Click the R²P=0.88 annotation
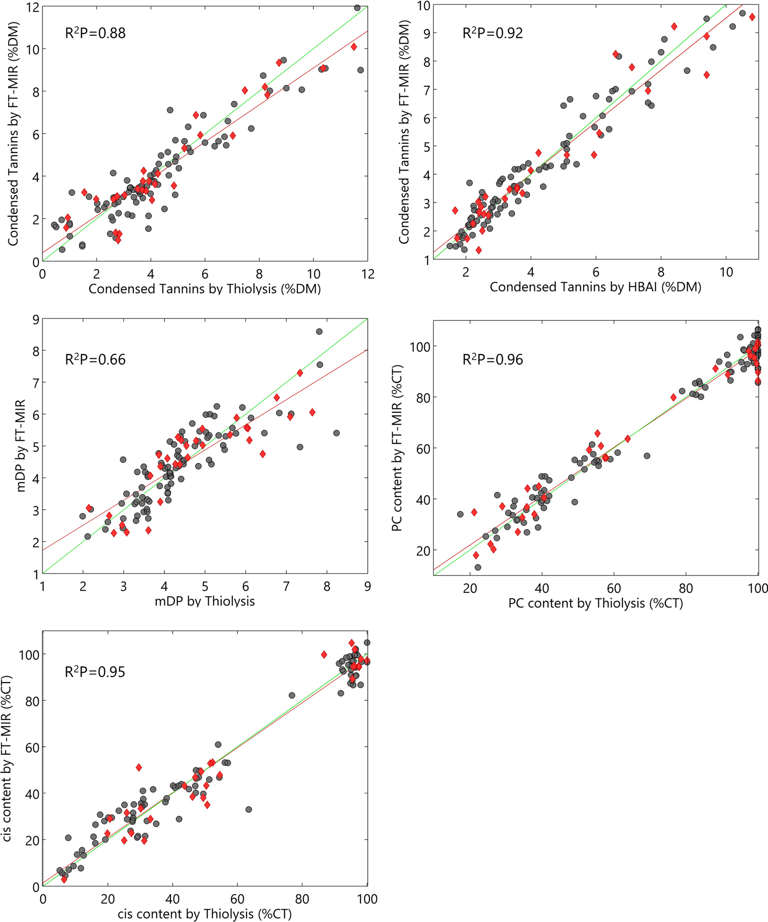tap(95, 33)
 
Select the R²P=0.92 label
tap(493, 33)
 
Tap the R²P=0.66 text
tap(95, 360)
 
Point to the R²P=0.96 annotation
tap(493, 360)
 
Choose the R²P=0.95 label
tap(95, 672)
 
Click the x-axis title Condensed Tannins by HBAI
tap(595, 287)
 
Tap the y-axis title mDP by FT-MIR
tap(20, 445)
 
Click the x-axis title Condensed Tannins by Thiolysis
tap(205, 289)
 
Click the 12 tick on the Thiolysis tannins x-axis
tap(368, 274)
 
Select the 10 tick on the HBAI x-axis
tap(726, 272)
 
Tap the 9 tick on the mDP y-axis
tap(34, 320)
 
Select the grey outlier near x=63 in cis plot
tap(248, 809)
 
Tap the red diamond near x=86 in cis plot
tap(324, 655)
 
